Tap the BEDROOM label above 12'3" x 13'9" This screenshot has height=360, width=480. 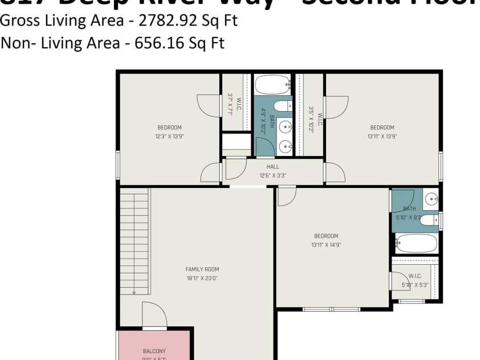tap(169, 128)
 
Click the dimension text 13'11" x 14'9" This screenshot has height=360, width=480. tap(326, 245)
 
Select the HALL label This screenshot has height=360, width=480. tap(273, 167)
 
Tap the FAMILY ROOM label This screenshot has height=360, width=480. tap(202, 269)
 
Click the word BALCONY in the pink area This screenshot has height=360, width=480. tap(154, 351)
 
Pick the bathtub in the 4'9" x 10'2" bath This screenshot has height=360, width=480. tap(273, 85)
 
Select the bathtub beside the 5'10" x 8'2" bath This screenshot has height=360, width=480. tap(416, 243)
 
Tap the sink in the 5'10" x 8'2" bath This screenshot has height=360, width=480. tap(431, 199)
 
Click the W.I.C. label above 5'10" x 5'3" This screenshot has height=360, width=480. tap(415, 276)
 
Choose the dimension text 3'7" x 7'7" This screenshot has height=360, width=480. tap(231, 104)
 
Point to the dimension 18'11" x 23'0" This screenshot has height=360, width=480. tap(202, 279)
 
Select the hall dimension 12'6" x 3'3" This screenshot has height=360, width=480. tap(273, 176)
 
